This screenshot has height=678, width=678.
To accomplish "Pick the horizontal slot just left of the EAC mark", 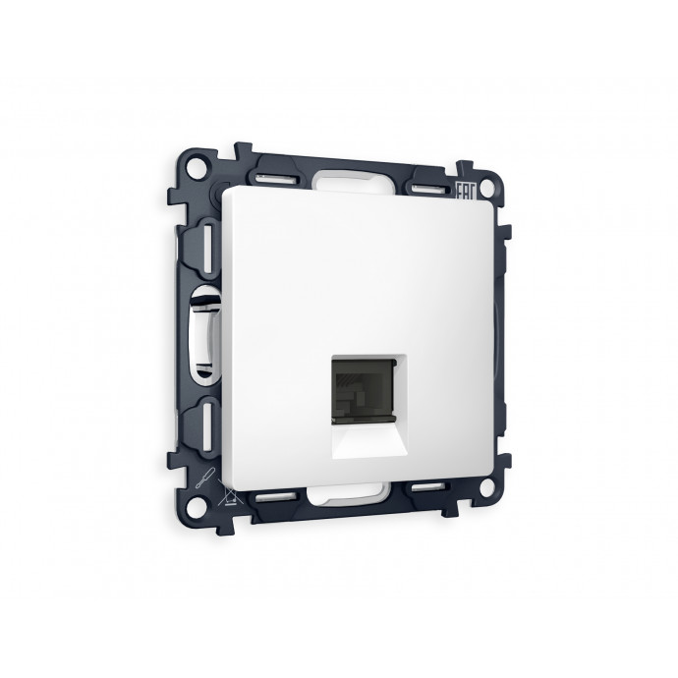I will point(428,187).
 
